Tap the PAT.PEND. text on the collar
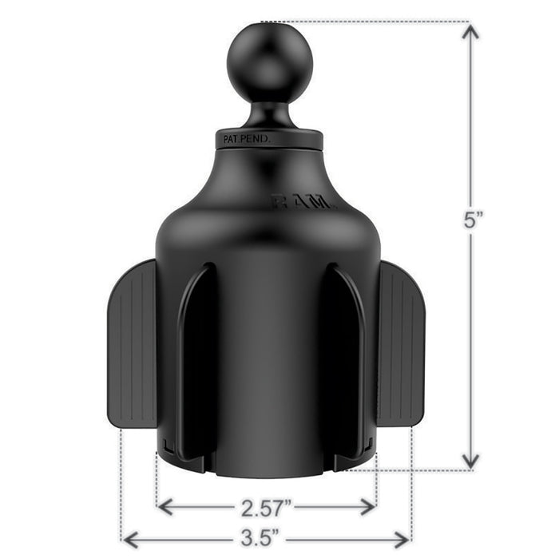click(247, 139)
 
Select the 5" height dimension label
click(471, 221)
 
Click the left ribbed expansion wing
click(131, 343)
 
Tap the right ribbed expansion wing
click(402, 343)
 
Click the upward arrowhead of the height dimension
click(471, 32)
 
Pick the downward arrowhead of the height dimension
click(471, 460)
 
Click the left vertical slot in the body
click(194, 359)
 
